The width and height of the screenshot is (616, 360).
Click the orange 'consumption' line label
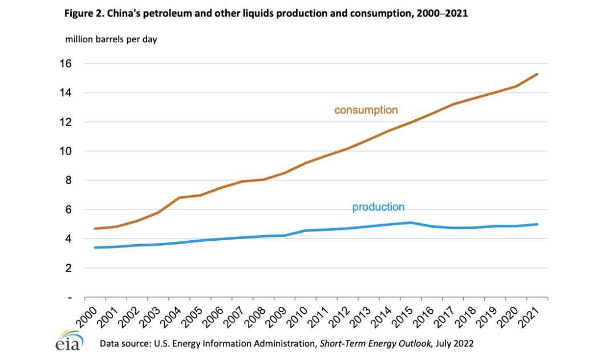pos(366,110)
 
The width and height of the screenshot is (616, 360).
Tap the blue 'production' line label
pos(378,207)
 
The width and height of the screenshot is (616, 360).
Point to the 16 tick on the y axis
pos(65,63)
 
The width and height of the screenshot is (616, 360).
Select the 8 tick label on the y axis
pos(68,180)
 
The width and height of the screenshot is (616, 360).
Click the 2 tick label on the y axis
pos(68,268)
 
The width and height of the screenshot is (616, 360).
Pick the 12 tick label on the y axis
pos(65,122)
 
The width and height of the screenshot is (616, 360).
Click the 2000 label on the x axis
pos(83,313)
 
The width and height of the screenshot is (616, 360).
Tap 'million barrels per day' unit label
pos(111,39)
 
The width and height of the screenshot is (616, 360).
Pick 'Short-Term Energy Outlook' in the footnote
pos(370,343)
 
